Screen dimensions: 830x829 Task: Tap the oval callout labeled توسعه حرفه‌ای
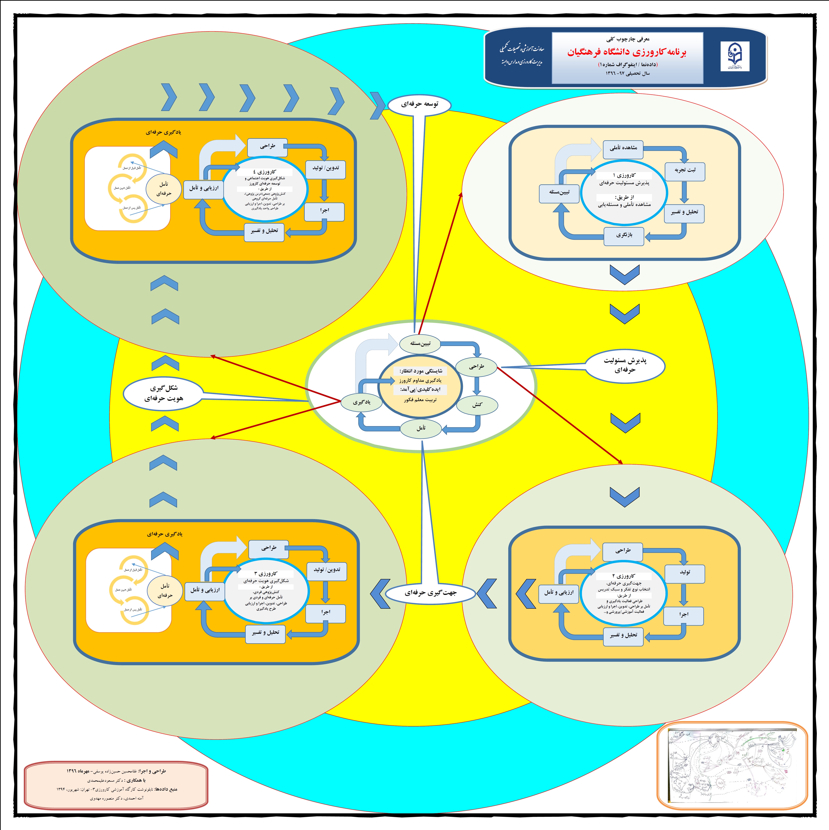tap(419, 104)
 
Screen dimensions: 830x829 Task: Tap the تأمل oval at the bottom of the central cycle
tap(421, 428)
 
